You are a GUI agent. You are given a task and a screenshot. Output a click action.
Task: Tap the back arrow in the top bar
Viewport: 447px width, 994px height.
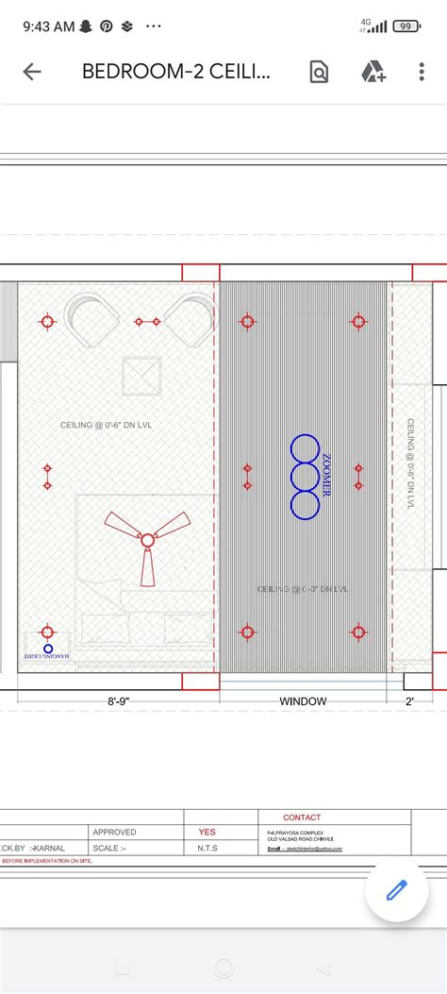click(32, 72)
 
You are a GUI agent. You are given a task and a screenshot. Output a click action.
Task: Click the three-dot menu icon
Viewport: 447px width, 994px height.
click(422, 72)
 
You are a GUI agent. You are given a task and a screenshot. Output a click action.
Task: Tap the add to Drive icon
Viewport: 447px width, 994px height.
click(372, 72)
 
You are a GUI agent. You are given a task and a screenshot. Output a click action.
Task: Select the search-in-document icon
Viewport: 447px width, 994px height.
click(319, 72)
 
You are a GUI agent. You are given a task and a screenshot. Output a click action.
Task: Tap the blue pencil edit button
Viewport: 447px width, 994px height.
click(396, 890)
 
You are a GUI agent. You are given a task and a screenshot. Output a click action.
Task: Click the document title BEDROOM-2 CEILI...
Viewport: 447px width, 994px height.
click(177, 72)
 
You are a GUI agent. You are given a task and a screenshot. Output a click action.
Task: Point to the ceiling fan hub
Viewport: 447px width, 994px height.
click(147, 540)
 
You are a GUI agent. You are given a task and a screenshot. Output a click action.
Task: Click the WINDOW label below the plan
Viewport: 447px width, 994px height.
click(303, 701)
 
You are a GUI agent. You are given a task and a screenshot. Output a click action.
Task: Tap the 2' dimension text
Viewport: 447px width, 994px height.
click(409, 701)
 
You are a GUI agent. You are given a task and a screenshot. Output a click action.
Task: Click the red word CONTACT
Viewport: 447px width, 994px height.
click(302, 817)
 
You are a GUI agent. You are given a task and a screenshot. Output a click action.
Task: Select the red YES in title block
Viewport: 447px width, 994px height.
click(207, 833)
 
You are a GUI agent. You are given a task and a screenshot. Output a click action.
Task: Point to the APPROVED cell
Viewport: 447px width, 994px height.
click(114, 833)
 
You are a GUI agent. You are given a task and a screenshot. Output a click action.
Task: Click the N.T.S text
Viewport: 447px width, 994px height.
click(207, 848)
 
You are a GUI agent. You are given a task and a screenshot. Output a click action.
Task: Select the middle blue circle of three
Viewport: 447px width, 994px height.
click(305, 477)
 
